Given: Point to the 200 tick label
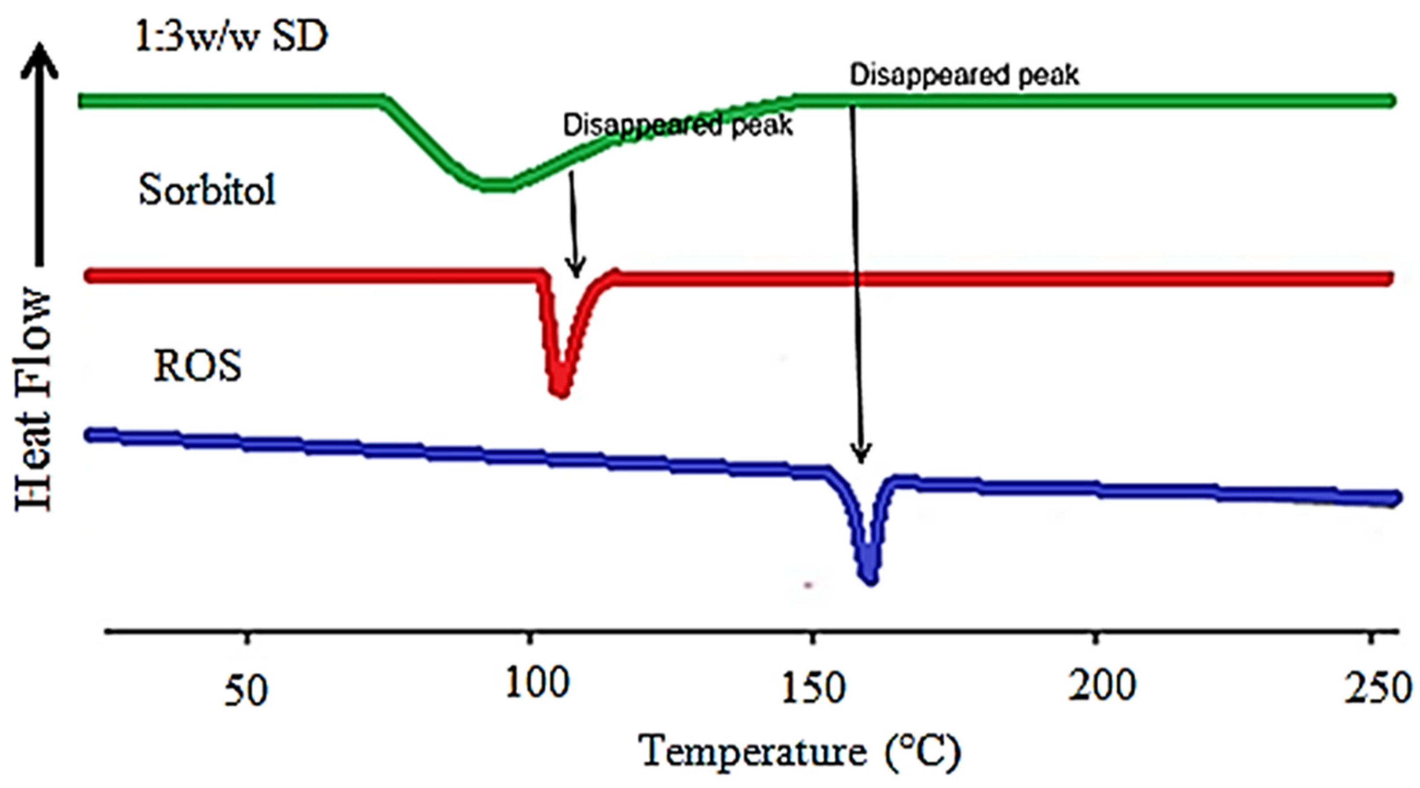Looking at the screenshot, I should click(1102, 686).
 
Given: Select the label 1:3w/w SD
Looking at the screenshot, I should click(232, 37).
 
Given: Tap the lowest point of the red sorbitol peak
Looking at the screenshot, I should click(561, 391).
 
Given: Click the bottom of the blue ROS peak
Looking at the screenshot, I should click(870, 579).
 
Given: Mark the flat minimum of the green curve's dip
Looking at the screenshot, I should click(497, 185).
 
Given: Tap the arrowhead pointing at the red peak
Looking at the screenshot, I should click(576, 270).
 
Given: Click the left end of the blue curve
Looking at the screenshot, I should click(91, 435).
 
